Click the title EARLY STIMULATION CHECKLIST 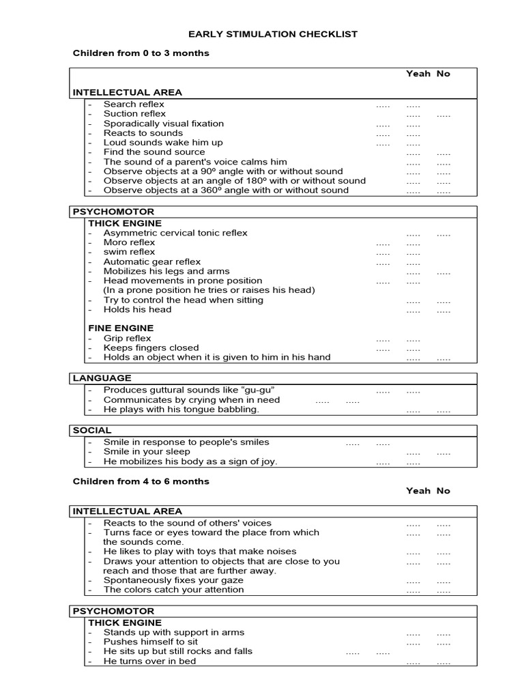273,34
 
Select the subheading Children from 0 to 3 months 141,53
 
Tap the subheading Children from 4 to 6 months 141,481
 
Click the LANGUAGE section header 102,378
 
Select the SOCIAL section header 92,430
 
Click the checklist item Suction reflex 134,113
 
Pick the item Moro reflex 129,242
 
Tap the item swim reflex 129,252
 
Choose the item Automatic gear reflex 152,261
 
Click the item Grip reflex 127,339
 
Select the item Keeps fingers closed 151,348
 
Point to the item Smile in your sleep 147,452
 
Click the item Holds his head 137,309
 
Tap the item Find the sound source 154,152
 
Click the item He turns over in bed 149,661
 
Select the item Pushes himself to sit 151,642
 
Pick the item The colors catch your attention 173,590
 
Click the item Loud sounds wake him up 163,142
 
